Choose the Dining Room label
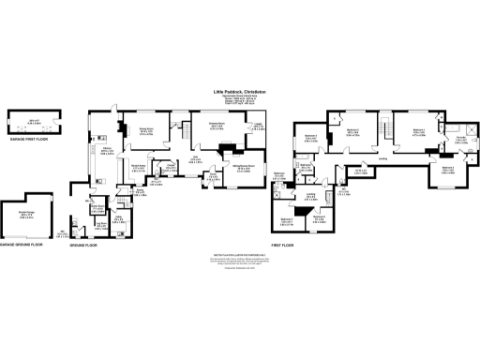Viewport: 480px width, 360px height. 146,131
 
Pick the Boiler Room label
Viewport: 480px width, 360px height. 98,211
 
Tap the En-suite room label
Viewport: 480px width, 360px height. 461,140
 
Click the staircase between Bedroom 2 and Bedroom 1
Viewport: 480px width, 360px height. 385,127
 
